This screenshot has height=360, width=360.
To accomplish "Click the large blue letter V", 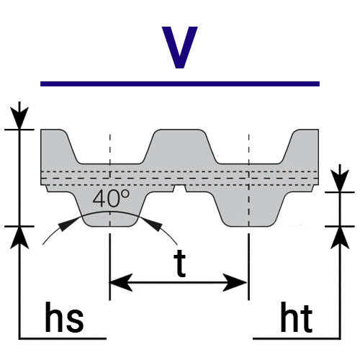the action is [x=179, y=48].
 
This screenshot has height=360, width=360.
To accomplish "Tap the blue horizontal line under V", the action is [x=180, y=84].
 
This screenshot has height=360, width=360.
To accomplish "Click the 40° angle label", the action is [x=111, y=198].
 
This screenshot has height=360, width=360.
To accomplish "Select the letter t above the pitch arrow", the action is [x=180, y=264].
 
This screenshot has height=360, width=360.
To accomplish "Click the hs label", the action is [x=64, y=318].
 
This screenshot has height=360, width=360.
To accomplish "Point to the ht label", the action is [x=297, y=318].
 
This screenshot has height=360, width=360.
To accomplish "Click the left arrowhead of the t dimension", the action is [x=121, y=282].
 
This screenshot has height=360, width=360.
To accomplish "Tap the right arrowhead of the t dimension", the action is [x=235, y=282].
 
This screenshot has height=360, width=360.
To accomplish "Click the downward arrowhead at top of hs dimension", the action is [x=19, y=118].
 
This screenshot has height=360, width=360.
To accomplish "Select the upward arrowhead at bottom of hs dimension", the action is [x=19, y=238].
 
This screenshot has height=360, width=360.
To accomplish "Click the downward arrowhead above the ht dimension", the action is [x=340, y=181].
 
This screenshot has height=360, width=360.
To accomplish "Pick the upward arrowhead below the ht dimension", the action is [x=340, y=238].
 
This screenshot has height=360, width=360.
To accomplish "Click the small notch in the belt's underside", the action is [x=180, y=189].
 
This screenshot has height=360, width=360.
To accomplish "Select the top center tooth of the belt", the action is [x=180, y=146].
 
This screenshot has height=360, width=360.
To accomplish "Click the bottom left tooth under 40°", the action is [x=110, y=209].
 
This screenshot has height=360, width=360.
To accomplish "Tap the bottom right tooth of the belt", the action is [x=250, y=209].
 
